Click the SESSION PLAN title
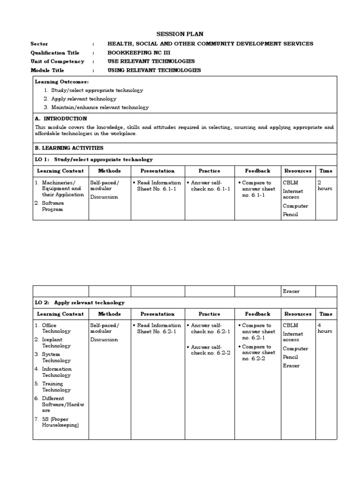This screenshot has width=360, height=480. tap(180, 34)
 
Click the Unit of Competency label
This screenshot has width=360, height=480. tap(57, 61)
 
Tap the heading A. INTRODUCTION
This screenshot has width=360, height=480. tap(61, 119)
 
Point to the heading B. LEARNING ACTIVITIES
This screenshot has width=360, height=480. tap(69, 148)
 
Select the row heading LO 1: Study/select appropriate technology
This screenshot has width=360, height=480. tap(94, 159)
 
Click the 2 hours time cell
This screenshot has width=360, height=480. tap(325, 186)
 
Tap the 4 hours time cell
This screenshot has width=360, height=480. tap(325, 328)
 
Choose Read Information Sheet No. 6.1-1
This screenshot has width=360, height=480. tap(158, 186)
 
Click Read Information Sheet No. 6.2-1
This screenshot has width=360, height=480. tap(158, 328)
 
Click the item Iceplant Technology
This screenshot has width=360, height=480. tap(56, 343)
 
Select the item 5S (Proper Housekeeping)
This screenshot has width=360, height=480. tap(60, 422)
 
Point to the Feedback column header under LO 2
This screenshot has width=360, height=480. tap(257, 314)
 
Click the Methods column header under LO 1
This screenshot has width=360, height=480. tap(109, 171)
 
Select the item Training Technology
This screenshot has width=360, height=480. tap(56, 387)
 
